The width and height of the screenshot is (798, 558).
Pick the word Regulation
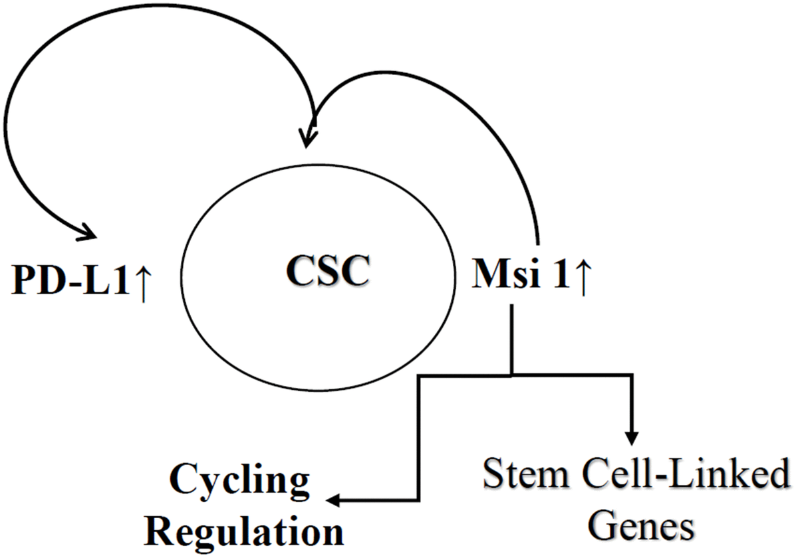[x=244, y=531]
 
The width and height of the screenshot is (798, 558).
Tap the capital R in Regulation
[x=160, y=531]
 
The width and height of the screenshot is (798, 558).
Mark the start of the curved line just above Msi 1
[x=537, y=249]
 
